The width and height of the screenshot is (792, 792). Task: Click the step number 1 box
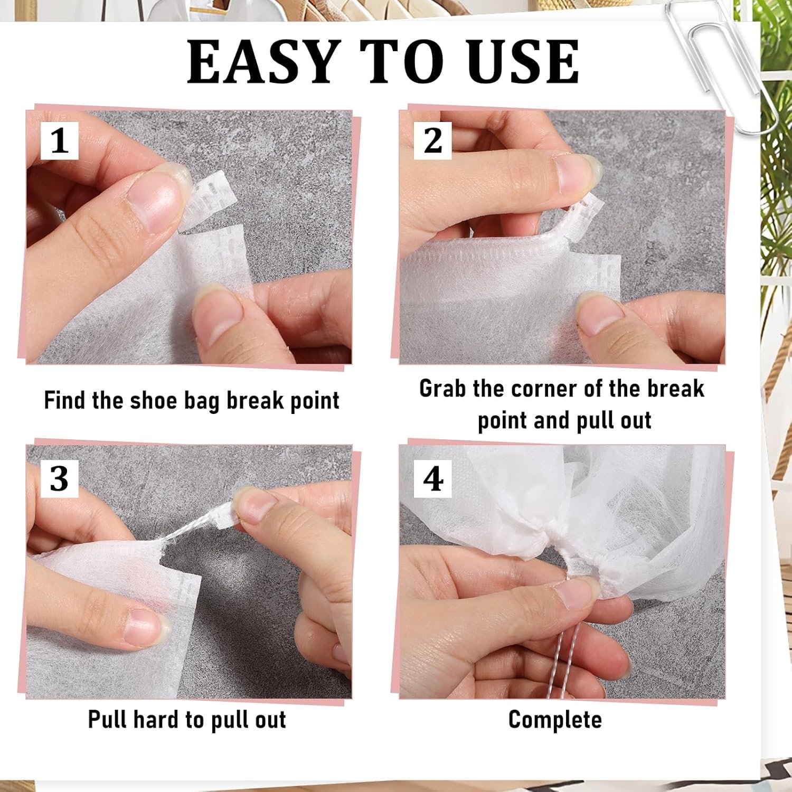pyautogui.click(x=60, y=141)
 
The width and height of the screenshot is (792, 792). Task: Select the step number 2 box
pyautogui.click(x=433, y=141)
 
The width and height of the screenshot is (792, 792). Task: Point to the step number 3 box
pyautogui.click(x=60, y=479)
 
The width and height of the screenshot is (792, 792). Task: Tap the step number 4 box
pyautogui.click(x=433, y=479)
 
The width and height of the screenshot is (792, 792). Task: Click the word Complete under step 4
pyautogui.click(x=555, y=720)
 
